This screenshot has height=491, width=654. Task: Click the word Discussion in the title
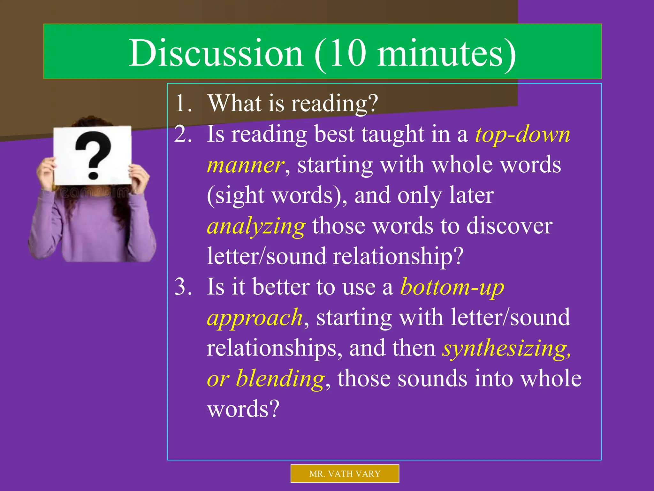tap(216, 53)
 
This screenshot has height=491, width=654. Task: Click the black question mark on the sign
tap(93, 154)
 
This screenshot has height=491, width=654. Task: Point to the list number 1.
tap(183, 103)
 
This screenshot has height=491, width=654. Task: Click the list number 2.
tap(183, 134)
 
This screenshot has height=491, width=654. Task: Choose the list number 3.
tap(183, 287)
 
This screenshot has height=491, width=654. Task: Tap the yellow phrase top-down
tap(522, 135)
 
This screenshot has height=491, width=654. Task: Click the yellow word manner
tap(245, 165)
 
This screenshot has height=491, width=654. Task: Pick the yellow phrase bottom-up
tap(452, 287)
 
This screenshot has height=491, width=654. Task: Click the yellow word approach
tap(255, 318)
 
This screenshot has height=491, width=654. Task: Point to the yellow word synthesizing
tap(506, 348)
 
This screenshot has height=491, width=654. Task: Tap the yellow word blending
tap(280, 379)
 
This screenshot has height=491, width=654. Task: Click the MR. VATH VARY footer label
tap(345, 473)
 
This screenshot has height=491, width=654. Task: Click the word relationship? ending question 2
tap(398, 257)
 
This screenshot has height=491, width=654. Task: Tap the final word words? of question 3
tap(243, 409)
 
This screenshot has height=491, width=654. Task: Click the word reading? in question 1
tap(335, 104)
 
